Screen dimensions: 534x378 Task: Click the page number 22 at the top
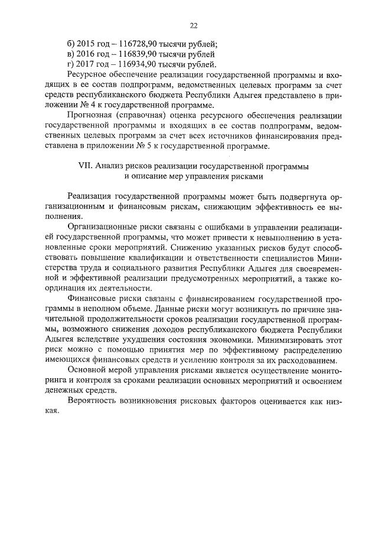pos(193,25)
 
